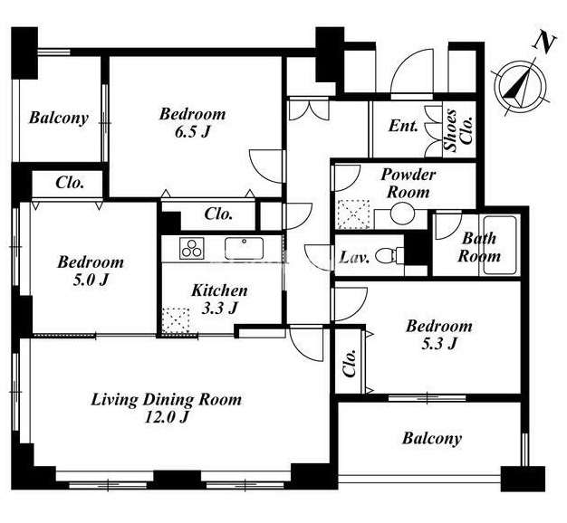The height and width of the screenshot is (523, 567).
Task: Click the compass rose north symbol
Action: (x=521, y=86)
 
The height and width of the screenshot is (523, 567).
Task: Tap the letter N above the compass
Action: (x=543, y=42)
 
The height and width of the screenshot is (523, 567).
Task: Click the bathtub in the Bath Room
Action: (x=500, y=245)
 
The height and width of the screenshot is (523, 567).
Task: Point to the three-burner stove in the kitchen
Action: (x=192, y=248)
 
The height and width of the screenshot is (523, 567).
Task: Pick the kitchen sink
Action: (x=244, y=248)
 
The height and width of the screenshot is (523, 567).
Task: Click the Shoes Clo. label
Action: (x=458, y=130)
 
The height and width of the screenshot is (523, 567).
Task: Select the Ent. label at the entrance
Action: (x=403, y=126)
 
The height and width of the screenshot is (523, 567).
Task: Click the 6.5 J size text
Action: (x=192, y=132)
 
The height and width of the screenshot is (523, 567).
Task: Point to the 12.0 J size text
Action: (x=167, y=417)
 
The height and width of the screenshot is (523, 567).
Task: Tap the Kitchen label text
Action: (x=219, y=290)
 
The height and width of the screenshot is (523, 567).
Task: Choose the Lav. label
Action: (x=354, y=258)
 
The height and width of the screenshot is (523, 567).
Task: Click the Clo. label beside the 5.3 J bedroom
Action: (x=350, y=363)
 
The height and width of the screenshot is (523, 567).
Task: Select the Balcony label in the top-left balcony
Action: (x=59, y=119)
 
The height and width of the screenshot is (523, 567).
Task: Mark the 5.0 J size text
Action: (x=91, y=280)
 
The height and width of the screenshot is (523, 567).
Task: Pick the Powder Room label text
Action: (x=408, y=184)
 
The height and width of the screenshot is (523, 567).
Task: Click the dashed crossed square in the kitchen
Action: (x=176, y=320)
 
